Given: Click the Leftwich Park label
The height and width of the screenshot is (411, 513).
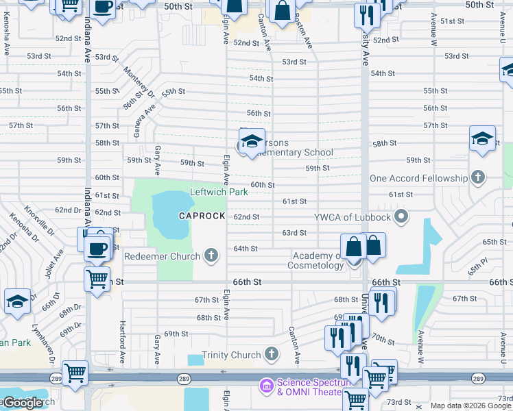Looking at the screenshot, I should (219, 192).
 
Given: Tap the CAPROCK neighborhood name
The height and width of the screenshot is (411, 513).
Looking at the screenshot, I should (202, 216).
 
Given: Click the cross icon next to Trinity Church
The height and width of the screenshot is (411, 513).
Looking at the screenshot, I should (272, 355).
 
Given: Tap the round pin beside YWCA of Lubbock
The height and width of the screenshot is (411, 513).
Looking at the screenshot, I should (401, 218).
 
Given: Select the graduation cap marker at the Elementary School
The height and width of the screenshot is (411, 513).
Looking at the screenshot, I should (252, 141).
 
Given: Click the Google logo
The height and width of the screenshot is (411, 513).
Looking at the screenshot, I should (23, 403).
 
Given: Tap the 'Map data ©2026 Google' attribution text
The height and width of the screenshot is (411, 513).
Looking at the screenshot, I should (470, 406).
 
